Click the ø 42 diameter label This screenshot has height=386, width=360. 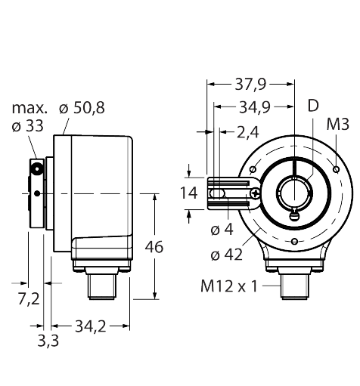[225, 255]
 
